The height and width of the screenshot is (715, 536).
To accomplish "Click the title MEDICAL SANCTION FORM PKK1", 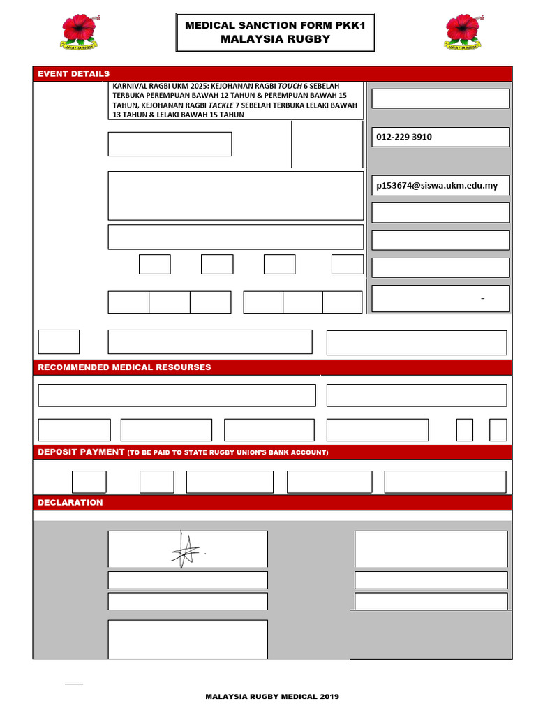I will coord(275,25).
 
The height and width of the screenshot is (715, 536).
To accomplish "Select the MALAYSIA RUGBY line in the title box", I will coord(275,39).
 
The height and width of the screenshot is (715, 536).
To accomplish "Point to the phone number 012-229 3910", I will coord(404,137).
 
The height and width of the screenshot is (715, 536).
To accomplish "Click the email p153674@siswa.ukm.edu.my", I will coord(437,186).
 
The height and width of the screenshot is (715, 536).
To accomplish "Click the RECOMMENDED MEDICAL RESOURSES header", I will coord(124,367).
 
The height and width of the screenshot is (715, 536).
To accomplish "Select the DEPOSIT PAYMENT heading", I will coord(81,452).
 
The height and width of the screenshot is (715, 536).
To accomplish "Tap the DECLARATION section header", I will coord(70,503).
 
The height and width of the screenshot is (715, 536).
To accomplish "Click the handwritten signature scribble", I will coord(186,550).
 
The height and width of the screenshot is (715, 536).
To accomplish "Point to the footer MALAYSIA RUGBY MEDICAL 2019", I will coord(272,697).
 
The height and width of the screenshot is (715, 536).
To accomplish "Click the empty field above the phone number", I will coord(440,98).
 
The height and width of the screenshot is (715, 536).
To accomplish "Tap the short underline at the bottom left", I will coord(74,684).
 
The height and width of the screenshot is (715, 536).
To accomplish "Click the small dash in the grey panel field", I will coord(482,299).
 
